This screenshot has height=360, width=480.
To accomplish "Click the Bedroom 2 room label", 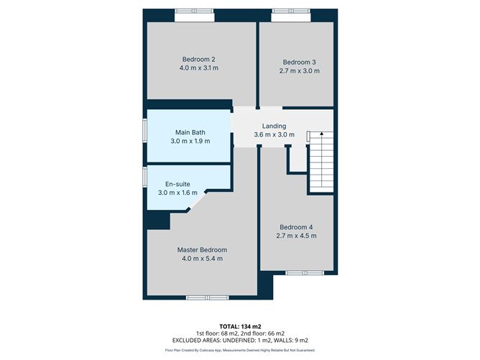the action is point(198,60).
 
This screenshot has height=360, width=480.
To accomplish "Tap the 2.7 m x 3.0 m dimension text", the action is point(300,71).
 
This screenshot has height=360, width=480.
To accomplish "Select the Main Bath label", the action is point(190,132).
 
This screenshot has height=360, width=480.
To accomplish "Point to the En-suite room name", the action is point(177,184).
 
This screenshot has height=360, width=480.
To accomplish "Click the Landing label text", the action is point(274,126).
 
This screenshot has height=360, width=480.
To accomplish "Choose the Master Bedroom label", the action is point(202,250).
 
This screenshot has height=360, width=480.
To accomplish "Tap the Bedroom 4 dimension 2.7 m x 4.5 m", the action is point(296,236).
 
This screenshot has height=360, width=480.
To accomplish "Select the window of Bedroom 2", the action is point(195,11).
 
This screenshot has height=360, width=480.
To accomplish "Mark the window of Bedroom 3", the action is point(291,11).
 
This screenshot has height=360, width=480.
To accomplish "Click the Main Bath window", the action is point(145,131).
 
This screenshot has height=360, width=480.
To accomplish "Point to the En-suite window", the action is point(145,177).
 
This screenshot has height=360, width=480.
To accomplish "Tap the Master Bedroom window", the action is point(208,297).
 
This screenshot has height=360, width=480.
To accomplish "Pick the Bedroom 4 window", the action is point(305,273).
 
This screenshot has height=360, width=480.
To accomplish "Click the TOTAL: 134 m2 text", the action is point(240,327).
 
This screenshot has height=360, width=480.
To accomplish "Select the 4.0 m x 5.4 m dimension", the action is point(203,259).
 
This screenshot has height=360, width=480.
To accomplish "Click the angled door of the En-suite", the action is point(198,200).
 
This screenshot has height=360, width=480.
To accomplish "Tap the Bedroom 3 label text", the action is point(299,62).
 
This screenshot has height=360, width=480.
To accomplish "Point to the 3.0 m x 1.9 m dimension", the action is point(190,141).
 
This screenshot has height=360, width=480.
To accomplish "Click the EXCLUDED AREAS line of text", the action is point(240,341).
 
